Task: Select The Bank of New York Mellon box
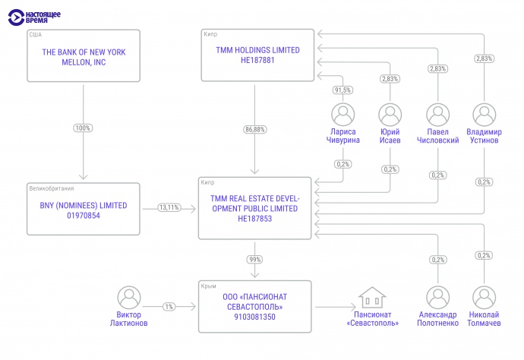(x=84, y=55)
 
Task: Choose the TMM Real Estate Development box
(x=255, y=207)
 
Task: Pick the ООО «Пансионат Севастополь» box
(x=255, y=306)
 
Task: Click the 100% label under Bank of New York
(x=83, y=128)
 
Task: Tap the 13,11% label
(x=169, y=207)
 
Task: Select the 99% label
(x=255, y=260)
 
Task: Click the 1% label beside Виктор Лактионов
(x=169, y=306)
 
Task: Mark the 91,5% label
(x=343, y=90)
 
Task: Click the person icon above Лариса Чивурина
(x=343, y=115)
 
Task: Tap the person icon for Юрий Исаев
(x=390, y=115)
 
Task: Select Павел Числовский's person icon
(x=437, y=115)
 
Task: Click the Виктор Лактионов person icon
(x=129, y=297)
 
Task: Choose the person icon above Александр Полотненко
(x=437, y=297)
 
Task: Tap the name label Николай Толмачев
(x=484, y=319)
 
